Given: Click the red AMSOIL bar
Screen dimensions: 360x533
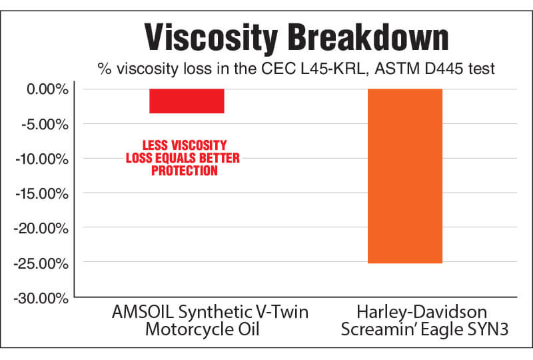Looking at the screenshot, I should pos(187,101).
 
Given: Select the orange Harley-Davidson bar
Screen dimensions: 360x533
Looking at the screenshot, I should pos(405,176).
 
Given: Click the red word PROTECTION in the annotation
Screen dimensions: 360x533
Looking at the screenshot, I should pos(185,171).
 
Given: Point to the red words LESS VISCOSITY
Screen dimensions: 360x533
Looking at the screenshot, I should pos(185,145).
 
